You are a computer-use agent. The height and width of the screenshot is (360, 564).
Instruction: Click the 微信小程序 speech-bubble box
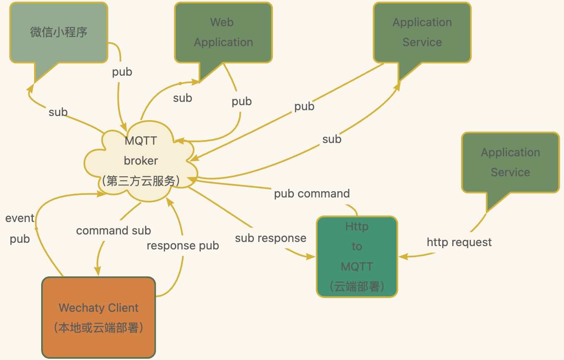59,32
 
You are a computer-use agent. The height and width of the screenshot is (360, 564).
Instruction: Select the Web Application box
223,32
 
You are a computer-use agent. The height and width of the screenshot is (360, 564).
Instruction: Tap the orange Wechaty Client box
99,317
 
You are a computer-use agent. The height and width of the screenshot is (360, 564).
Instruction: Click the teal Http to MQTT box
357,256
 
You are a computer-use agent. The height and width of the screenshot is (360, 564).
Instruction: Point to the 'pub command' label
312,194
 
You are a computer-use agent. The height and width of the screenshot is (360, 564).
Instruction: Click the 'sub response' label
271,238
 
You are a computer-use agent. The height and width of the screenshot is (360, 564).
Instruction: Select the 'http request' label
459,242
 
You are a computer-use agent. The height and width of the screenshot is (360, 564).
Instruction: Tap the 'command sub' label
113,231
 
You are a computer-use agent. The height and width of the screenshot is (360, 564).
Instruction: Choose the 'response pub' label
183,246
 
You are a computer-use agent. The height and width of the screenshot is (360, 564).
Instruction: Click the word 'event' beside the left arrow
20,218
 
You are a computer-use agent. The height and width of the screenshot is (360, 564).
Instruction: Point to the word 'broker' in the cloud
141,161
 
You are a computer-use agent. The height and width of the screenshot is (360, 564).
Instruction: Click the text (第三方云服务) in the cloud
141,181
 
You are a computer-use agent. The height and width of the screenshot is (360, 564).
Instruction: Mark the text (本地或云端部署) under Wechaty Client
99,328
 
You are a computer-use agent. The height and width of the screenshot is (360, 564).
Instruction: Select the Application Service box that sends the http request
510,163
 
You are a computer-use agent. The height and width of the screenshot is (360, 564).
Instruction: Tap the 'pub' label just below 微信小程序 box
122,72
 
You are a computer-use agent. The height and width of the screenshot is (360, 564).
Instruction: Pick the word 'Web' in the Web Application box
222,22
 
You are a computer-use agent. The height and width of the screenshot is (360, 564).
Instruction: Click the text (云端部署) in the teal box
357,286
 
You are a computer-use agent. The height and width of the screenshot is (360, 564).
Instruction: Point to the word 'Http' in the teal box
357,227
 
